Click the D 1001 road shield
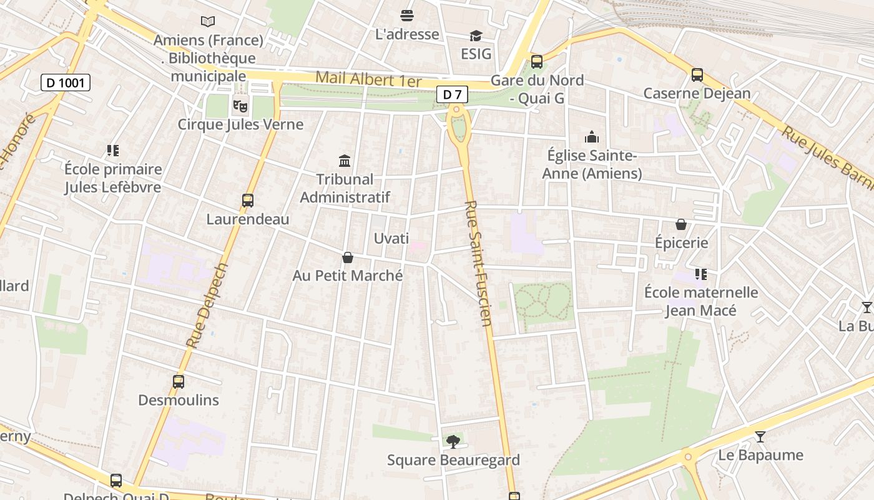[x=66, y=82]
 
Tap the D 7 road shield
[x=452, y=95]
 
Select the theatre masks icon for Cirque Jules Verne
[x=240, y=106]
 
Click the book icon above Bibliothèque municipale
[x=208, y=22]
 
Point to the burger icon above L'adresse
[x=407, y=16]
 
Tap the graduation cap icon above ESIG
[x=476, y=36]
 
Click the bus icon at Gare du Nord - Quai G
[x=536, y=62]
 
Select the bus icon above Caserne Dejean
[x=697, y=75]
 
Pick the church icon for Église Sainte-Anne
[x=591, y=137]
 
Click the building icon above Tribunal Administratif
[x=345, y=161]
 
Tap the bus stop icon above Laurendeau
[x=248, y=201]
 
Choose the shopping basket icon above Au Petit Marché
[x=348, y=257]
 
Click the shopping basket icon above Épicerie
[x=681, y=224]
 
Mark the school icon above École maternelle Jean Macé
[x=700, y=274]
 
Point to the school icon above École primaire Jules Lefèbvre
[x=112, y=151]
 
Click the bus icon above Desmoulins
[x=178, y=381]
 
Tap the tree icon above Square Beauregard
[x=453, y=442]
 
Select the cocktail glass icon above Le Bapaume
[x=760, y=436]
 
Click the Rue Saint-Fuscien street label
[x=479, y=262]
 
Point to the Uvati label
[x=391, y=238]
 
